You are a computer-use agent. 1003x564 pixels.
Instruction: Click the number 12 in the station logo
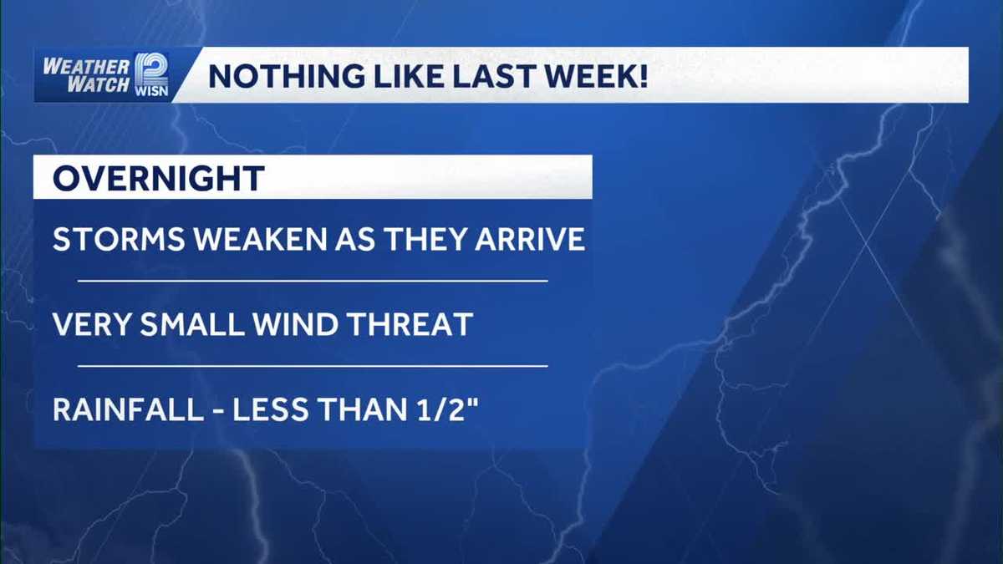coord(151,67)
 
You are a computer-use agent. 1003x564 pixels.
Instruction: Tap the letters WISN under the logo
coord(151,90)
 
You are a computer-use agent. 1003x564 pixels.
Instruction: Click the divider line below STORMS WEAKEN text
coord(313,282)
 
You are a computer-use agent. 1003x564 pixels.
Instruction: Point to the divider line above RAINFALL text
coord(313,366)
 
